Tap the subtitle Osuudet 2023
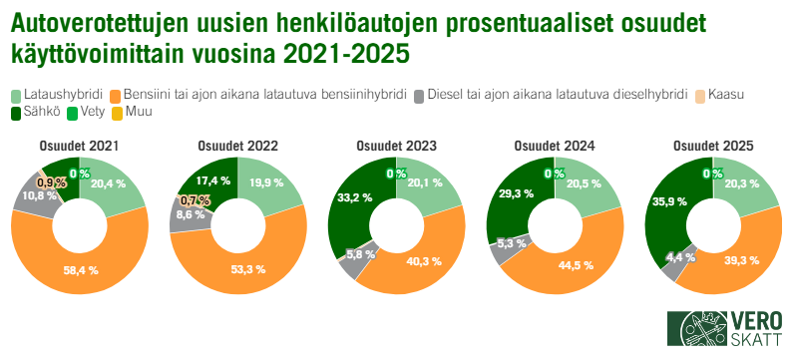tap(396, 146)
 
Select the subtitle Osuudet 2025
tap(712, 146)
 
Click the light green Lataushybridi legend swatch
tap(17, 95)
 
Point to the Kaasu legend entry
tap(727, 95)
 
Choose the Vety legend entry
tap(89, 111)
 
